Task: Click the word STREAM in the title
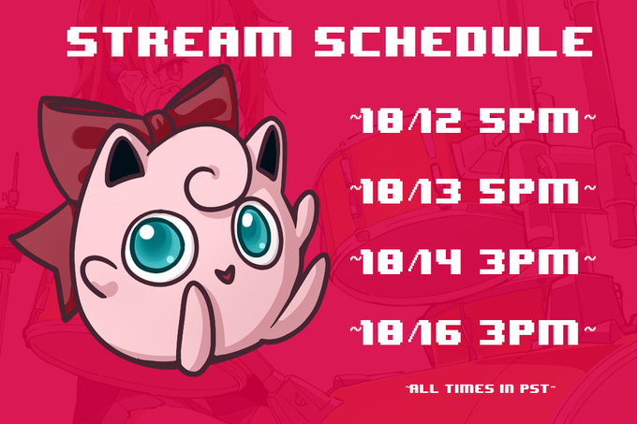(x=179, y=41)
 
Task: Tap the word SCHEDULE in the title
(x=453, y=41)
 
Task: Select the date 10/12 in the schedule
(x=410, y=121)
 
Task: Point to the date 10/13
(x=410, y=191)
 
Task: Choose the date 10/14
(x=410, y=262)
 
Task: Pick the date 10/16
(x=410, y=332)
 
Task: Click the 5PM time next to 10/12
(x=529, y=121)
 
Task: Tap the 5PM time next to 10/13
(x=529, y=191)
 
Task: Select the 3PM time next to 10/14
(x=529, y=262)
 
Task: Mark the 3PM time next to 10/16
(x=529, y=332)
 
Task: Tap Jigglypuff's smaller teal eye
(x=254, y=230)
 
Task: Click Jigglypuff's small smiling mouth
(x=225, y=274)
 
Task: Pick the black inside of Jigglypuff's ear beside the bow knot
(x=123, y=161)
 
